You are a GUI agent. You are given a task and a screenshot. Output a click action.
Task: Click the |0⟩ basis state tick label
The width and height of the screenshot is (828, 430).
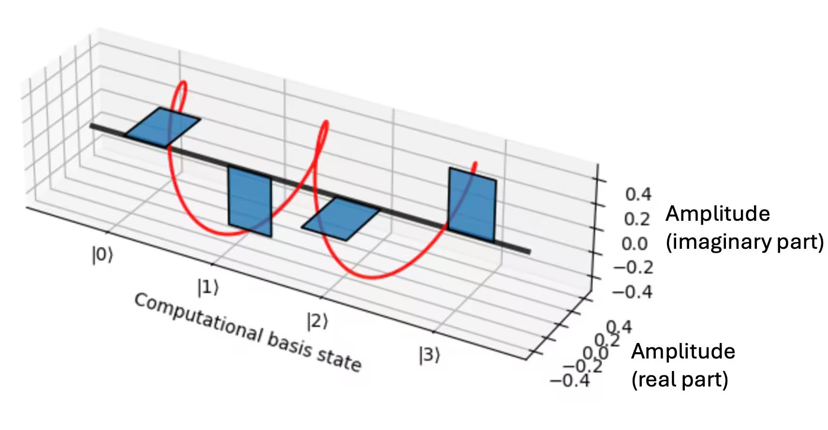click(x=102, y=255)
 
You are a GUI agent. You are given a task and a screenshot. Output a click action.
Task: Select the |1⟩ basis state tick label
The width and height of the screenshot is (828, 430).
click(x=208, y=287)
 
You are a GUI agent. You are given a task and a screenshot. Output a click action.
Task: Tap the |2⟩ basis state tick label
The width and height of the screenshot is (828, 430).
click(x=317, y=320)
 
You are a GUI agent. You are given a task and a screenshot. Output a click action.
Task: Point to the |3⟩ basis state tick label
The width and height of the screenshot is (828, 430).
click(x=429, y=355)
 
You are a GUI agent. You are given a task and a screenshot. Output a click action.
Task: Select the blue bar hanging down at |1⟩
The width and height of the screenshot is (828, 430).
click(x=250, y=201)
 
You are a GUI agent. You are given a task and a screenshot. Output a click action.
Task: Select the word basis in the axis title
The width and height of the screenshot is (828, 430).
click(x=289, y=344)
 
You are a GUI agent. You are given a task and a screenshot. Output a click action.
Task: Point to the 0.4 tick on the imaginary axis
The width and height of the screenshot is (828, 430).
click(x=638, y=194)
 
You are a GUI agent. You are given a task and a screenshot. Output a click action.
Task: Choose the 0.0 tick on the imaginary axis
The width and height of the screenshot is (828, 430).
click(x=635, y=244)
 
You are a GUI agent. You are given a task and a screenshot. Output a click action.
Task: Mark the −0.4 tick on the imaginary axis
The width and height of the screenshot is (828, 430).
click(x=632, y=292)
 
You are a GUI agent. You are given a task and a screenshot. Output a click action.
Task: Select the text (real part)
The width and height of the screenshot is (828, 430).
click(x=680, y=379)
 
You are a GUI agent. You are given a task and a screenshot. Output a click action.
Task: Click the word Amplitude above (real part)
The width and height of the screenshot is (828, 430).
click(x=683, y=351)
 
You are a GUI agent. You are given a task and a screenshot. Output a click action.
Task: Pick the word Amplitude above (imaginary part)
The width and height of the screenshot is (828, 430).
click(x=718, y=214)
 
